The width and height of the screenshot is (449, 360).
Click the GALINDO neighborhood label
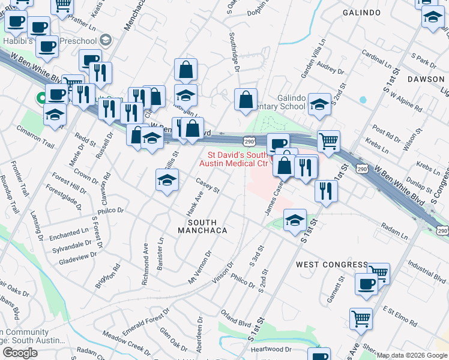[362, 12]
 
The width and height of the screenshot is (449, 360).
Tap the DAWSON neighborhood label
[426, 79]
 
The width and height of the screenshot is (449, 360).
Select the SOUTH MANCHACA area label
[202, 230]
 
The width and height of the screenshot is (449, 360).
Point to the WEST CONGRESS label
[332, 265]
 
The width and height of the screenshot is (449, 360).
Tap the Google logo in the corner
[20, 353]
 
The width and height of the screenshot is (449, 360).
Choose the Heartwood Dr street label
[271, 349]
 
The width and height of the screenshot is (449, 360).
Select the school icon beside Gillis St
[167, 179]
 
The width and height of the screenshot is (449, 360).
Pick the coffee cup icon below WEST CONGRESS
[366, 284]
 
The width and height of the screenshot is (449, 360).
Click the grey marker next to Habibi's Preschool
[106, 40]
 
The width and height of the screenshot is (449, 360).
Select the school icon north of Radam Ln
[295, 220]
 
